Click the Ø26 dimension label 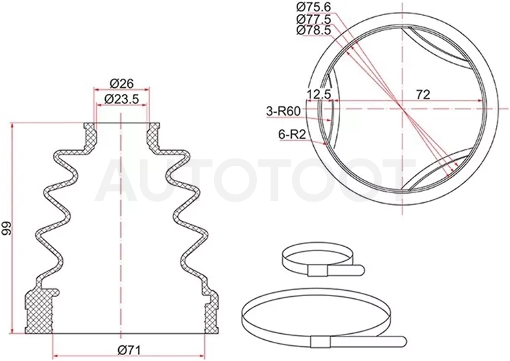pyautogui.click(x=122, y=84)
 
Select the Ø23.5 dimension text pyautogui.click(x=122, y=99)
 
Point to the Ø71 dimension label pyautogui.click(x=129, y=350)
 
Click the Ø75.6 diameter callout pyautogui.click(x=314, y=7)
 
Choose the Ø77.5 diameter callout pyautogui.click(x=314, y=19)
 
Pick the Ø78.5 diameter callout pyautogui.click(x=314, y=30)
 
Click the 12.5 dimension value pyautogui.click(x=318, y=95)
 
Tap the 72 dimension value pyautogui.click(x=423, y=95)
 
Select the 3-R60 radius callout pyautogui.click(x=283, y=112)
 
